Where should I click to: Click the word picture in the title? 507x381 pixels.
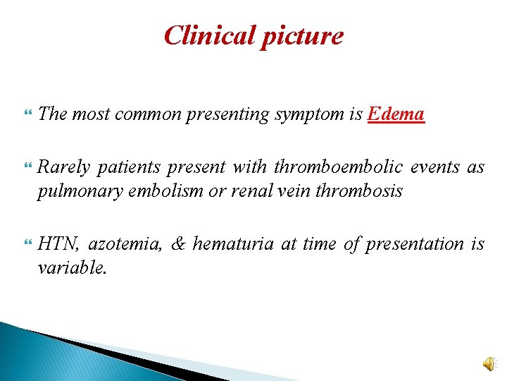tap(301, 35)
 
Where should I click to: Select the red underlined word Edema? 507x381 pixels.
tap(396, 114)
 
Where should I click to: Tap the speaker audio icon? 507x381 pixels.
tap(489, 363)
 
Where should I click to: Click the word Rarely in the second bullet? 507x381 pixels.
tap(64, 167)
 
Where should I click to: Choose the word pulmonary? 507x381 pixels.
tap(72, 190)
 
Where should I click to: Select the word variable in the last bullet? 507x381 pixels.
tap(71, 267)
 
